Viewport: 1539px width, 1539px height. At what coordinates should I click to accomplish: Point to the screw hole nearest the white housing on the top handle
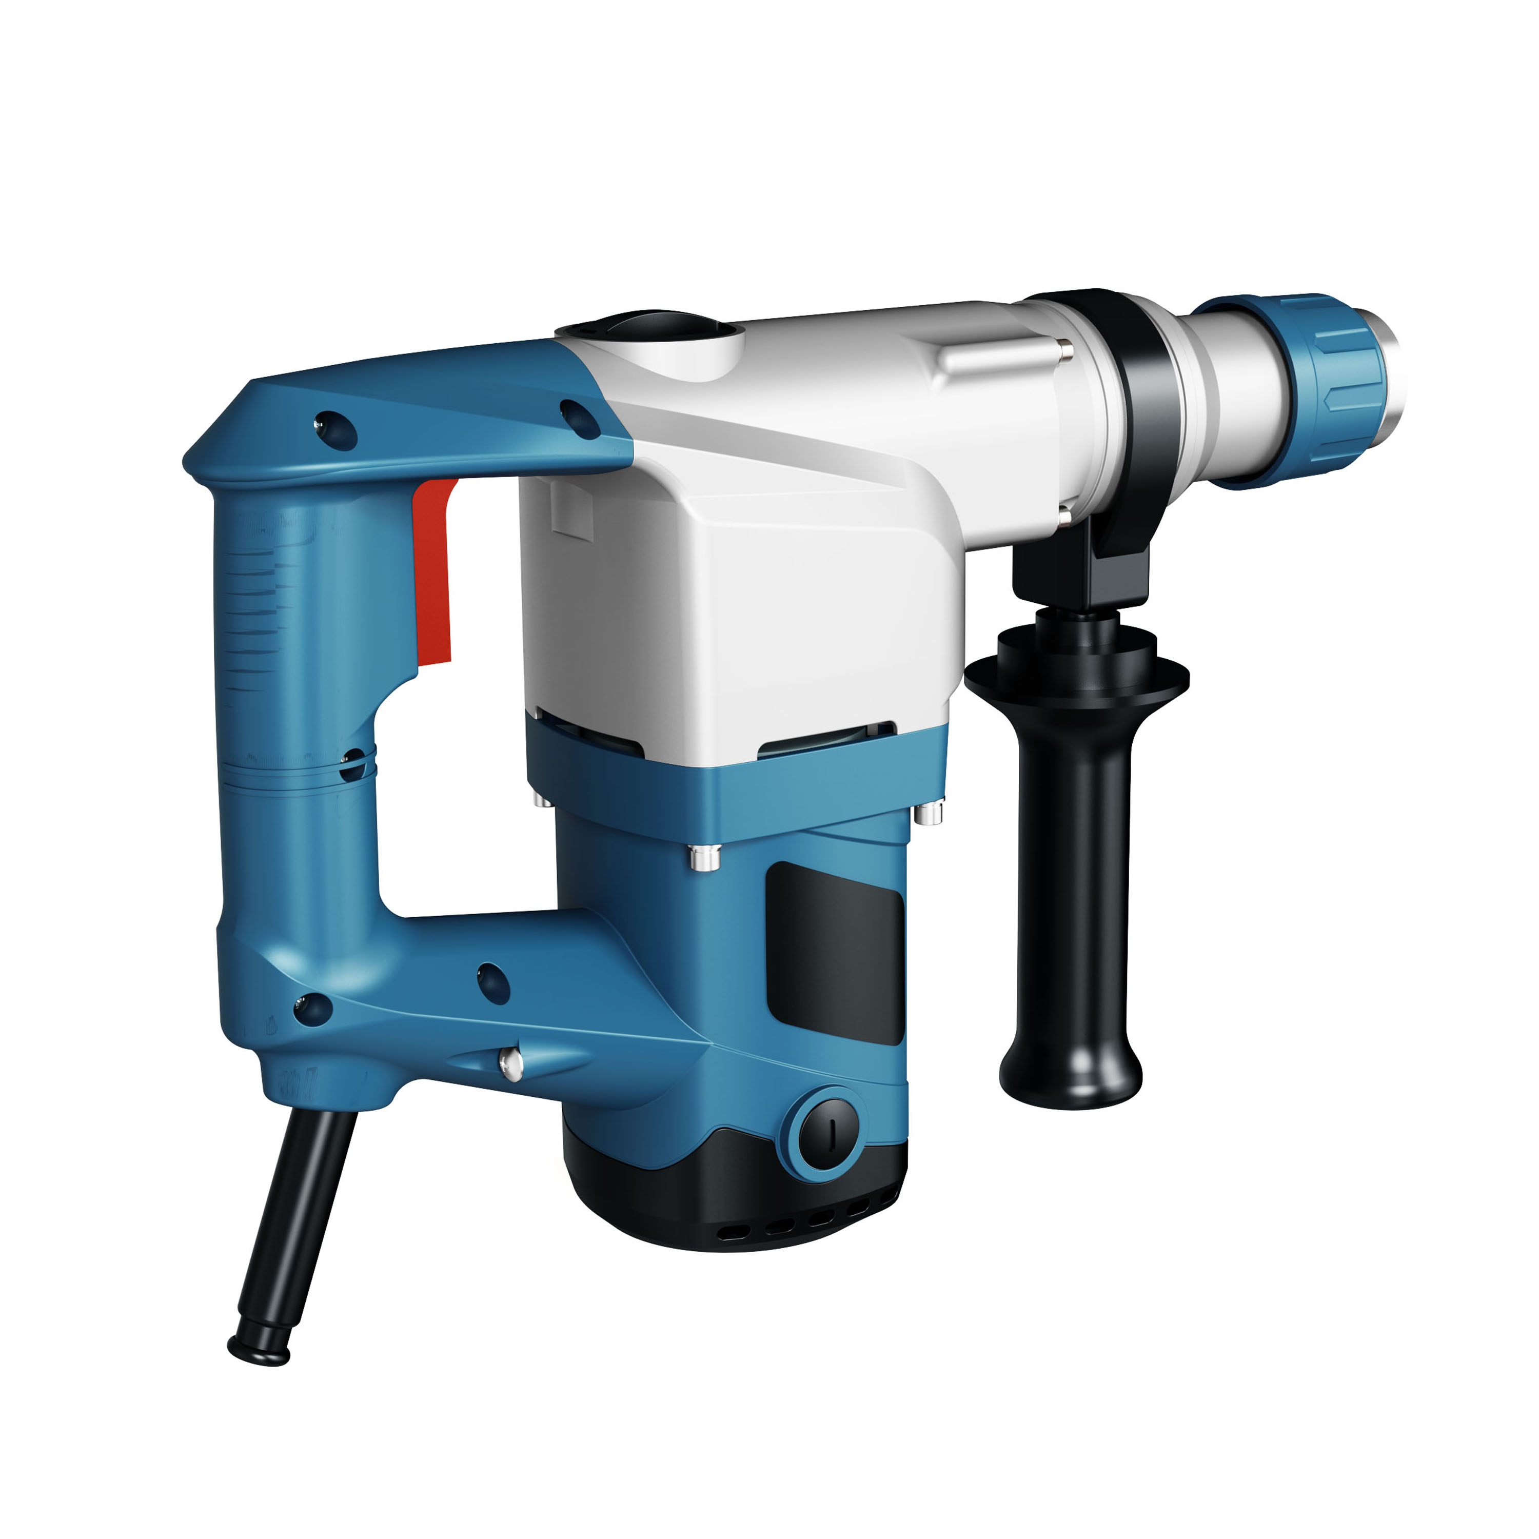[x=580, y=418]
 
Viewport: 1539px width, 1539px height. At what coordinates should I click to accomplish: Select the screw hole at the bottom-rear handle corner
[x=312, y=1009]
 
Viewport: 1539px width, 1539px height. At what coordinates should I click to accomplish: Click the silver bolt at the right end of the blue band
[x=928, y=813]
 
